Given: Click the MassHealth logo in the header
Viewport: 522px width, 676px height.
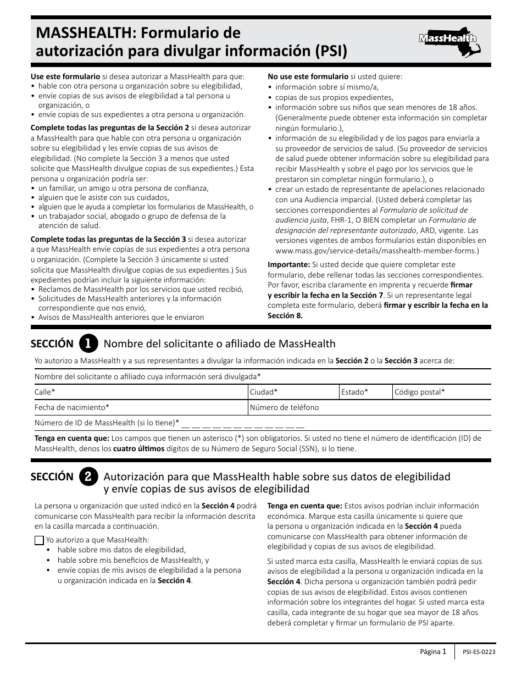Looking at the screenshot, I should pyautogui.click(x=448, y=39).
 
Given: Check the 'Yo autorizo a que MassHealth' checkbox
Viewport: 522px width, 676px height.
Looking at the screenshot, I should pyautogui.click(x=39, y=540).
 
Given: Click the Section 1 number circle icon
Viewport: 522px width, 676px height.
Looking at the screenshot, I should pyautogui.click(x=88, y=343).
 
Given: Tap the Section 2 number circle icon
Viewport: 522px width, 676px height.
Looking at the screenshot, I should pyautogui.click(x=88, y=476).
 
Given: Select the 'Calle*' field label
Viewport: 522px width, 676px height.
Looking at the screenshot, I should pyautogui.click(x=45, y=392).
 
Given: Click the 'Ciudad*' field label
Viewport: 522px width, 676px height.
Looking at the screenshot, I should pyautogui.click(x=264, y=392).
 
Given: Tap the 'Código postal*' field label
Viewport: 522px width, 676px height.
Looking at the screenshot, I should pyautogui.click(x=420, y=392).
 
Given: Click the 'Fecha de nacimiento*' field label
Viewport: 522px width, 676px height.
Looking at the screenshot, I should pyautogui.click(x=72, y=407).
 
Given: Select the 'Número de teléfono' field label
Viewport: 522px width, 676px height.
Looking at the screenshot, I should pyautogui.click(x=284, y=407).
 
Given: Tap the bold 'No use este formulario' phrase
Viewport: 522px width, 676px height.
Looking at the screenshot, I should pyautogui.click(x=308, y=76).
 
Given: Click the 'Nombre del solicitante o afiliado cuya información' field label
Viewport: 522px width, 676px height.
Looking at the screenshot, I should pyautogui.click(x=147, y=376).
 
